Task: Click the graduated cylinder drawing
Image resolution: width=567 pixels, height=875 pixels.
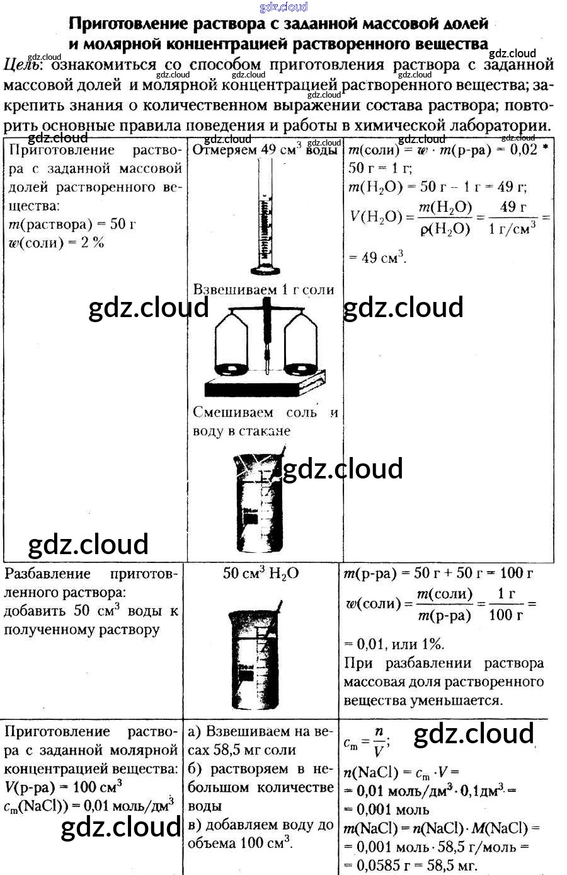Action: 265,214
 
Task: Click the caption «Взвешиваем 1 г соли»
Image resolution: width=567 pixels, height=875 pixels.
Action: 263,290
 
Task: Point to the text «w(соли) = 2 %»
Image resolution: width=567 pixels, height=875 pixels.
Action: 56,243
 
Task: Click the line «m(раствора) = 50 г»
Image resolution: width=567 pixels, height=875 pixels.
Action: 72,224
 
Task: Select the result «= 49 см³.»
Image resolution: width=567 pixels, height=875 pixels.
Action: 377,257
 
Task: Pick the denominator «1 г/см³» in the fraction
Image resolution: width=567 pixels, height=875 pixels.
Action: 512,228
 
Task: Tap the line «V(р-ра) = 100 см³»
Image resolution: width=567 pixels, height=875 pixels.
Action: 63,787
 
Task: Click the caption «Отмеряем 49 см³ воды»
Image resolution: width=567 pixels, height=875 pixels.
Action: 265,150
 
